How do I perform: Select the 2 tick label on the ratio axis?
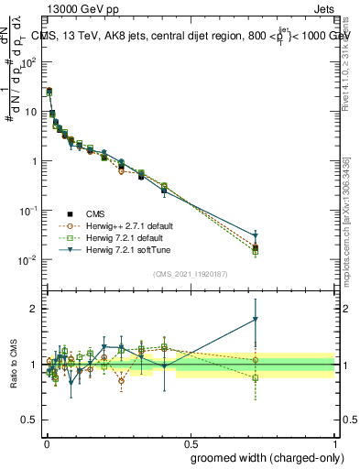(x=33, y=309)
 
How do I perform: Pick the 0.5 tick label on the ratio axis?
(x=29, y=420)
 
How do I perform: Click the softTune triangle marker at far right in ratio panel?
(x=256, y=320)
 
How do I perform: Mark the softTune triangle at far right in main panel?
(x=256, y=236)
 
